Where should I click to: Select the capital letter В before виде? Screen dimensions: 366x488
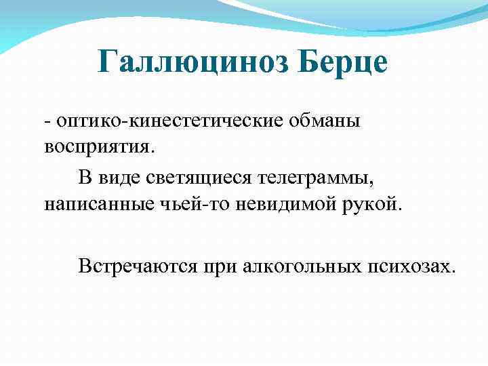[85, 179]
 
